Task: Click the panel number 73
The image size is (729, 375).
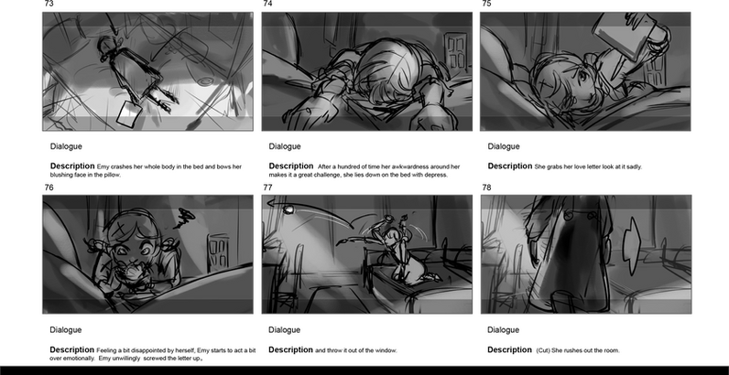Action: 49,4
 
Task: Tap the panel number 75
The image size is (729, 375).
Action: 487,4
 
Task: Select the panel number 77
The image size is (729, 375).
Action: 267,187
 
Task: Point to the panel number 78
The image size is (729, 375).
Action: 487,187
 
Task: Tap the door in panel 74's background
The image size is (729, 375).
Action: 456,52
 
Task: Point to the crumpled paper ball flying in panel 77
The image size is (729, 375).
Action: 288,209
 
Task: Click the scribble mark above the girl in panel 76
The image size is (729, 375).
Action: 185,218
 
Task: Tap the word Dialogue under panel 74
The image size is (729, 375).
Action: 285,146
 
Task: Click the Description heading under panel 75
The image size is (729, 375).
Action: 509,166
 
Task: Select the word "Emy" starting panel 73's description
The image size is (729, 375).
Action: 103,166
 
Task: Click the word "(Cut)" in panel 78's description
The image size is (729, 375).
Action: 543,350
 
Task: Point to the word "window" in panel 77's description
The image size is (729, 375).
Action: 386,350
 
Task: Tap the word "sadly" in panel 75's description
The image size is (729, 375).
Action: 634,166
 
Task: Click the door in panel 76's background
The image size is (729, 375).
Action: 218,253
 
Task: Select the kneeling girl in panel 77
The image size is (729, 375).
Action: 405,251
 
